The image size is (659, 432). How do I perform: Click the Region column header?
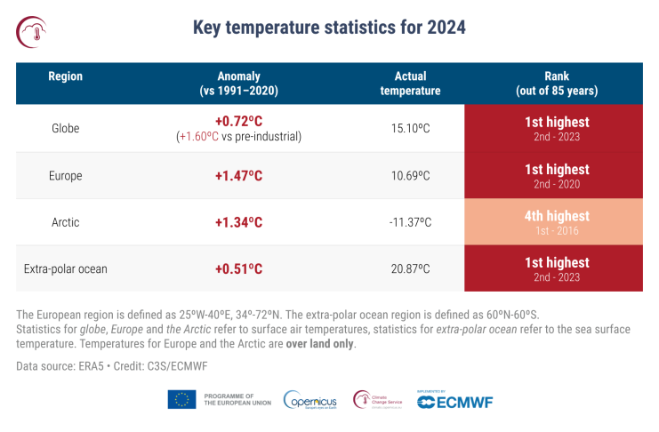click(x=65, y=76)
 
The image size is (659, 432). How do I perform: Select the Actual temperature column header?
click(x=410, y=84)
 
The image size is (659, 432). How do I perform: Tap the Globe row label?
click(x=65, y=128)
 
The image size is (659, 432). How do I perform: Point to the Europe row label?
click(x=65, y=176)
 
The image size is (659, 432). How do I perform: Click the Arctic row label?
click(x=65, y=221)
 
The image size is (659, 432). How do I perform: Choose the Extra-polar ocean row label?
click(x=65, y=268)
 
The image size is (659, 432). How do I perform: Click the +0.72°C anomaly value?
click(x=238, y=121)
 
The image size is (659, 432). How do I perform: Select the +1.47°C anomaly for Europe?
click(x=238, y=176)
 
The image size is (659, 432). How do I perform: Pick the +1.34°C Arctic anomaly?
click(x=238, y=221)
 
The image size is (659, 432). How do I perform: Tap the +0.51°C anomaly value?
click(x=238, y=268)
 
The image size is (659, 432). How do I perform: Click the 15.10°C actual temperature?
click(x=410, y=128)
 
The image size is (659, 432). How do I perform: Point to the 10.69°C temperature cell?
click(x=410, y=176)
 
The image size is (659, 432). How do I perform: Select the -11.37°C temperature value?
click(x=410, y=221)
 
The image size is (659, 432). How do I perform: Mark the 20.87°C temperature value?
click(x=410, y=268)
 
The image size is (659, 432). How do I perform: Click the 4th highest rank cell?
click(x=557, y=221)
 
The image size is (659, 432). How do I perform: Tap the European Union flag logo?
click(x=181, y=400)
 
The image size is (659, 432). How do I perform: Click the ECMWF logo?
click(x=454, y=401)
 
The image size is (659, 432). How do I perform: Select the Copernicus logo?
click(x=310, y=401)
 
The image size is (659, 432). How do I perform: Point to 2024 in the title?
click(x=441, y=28)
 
